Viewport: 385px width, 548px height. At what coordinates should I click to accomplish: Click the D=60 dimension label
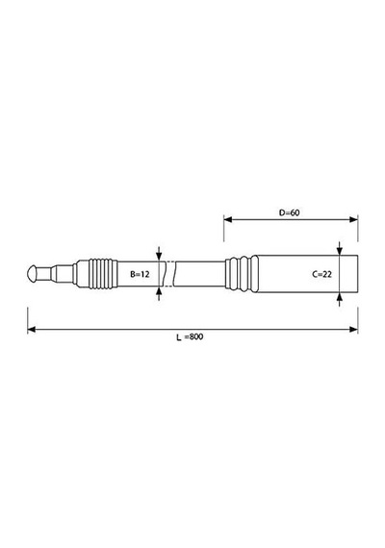click(x=289, y=212)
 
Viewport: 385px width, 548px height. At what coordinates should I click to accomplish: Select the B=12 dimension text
click(x=140, y=274)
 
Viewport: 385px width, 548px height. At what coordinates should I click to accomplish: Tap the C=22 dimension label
click(x=322, y=274)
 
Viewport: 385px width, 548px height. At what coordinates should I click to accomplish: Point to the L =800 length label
click(x=190, y=336)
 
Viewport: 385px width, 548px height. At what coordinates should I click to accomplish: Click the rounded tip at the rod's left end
click(x=32, y=274)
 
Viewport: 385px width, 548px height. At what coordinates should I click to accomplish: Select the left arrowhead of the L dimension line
click(x=32, y=329)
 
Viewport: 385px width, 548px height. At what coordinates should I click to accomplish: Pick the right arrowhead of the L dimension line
click(x=353, y=329)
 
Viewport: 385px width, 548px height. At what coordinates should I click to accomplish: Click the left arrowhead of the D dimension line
click(x=228, y=219)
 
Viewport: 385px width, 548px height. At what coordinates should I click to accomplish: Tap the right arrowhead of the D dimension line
click(x=353, y=219)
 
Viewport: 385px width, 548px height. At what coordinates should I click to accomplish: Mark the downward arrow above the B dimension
click(x=159, y=254)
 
